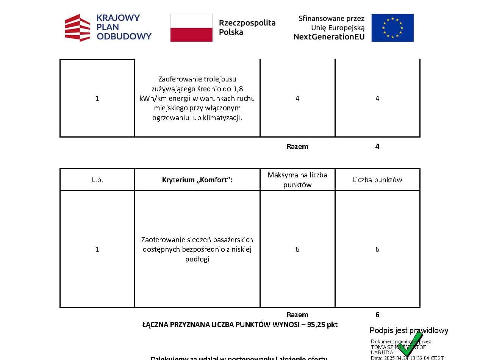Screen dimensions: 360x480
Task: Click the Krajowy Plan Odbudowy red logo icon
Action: click(78, 28)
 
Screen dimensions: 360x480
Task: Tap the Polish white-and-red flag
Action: click(191, 28)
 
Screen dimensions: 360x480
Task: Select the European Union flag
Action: click(392, 28)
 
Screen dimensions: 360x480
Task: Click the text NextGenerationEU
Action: click(329, 37)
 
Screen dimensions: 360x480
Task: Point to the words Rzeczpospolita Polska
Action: click(247, 27)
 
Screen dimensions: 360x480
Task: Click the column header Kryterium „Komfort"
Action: click(197, 180)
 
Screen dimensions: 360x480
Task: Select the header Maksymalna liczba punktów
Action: click(297, 180)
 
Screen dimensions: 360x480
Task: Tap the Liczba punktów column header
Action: click(377, 180)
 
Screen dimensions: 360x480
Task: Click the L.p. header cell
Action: click(97, 180)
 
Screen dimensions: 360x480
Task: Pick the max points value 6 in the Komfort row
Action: click(297, 249)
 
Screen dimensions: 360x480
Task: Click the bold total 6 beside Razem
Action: click(377, 315)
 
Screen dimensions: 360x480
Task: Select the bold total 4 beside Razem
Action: click(377, 147)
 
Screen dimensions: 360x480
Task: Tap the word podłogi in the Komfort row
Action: click(197, 259)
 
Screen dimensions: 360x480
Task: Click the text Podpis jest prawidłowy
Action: click(409, 330)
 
